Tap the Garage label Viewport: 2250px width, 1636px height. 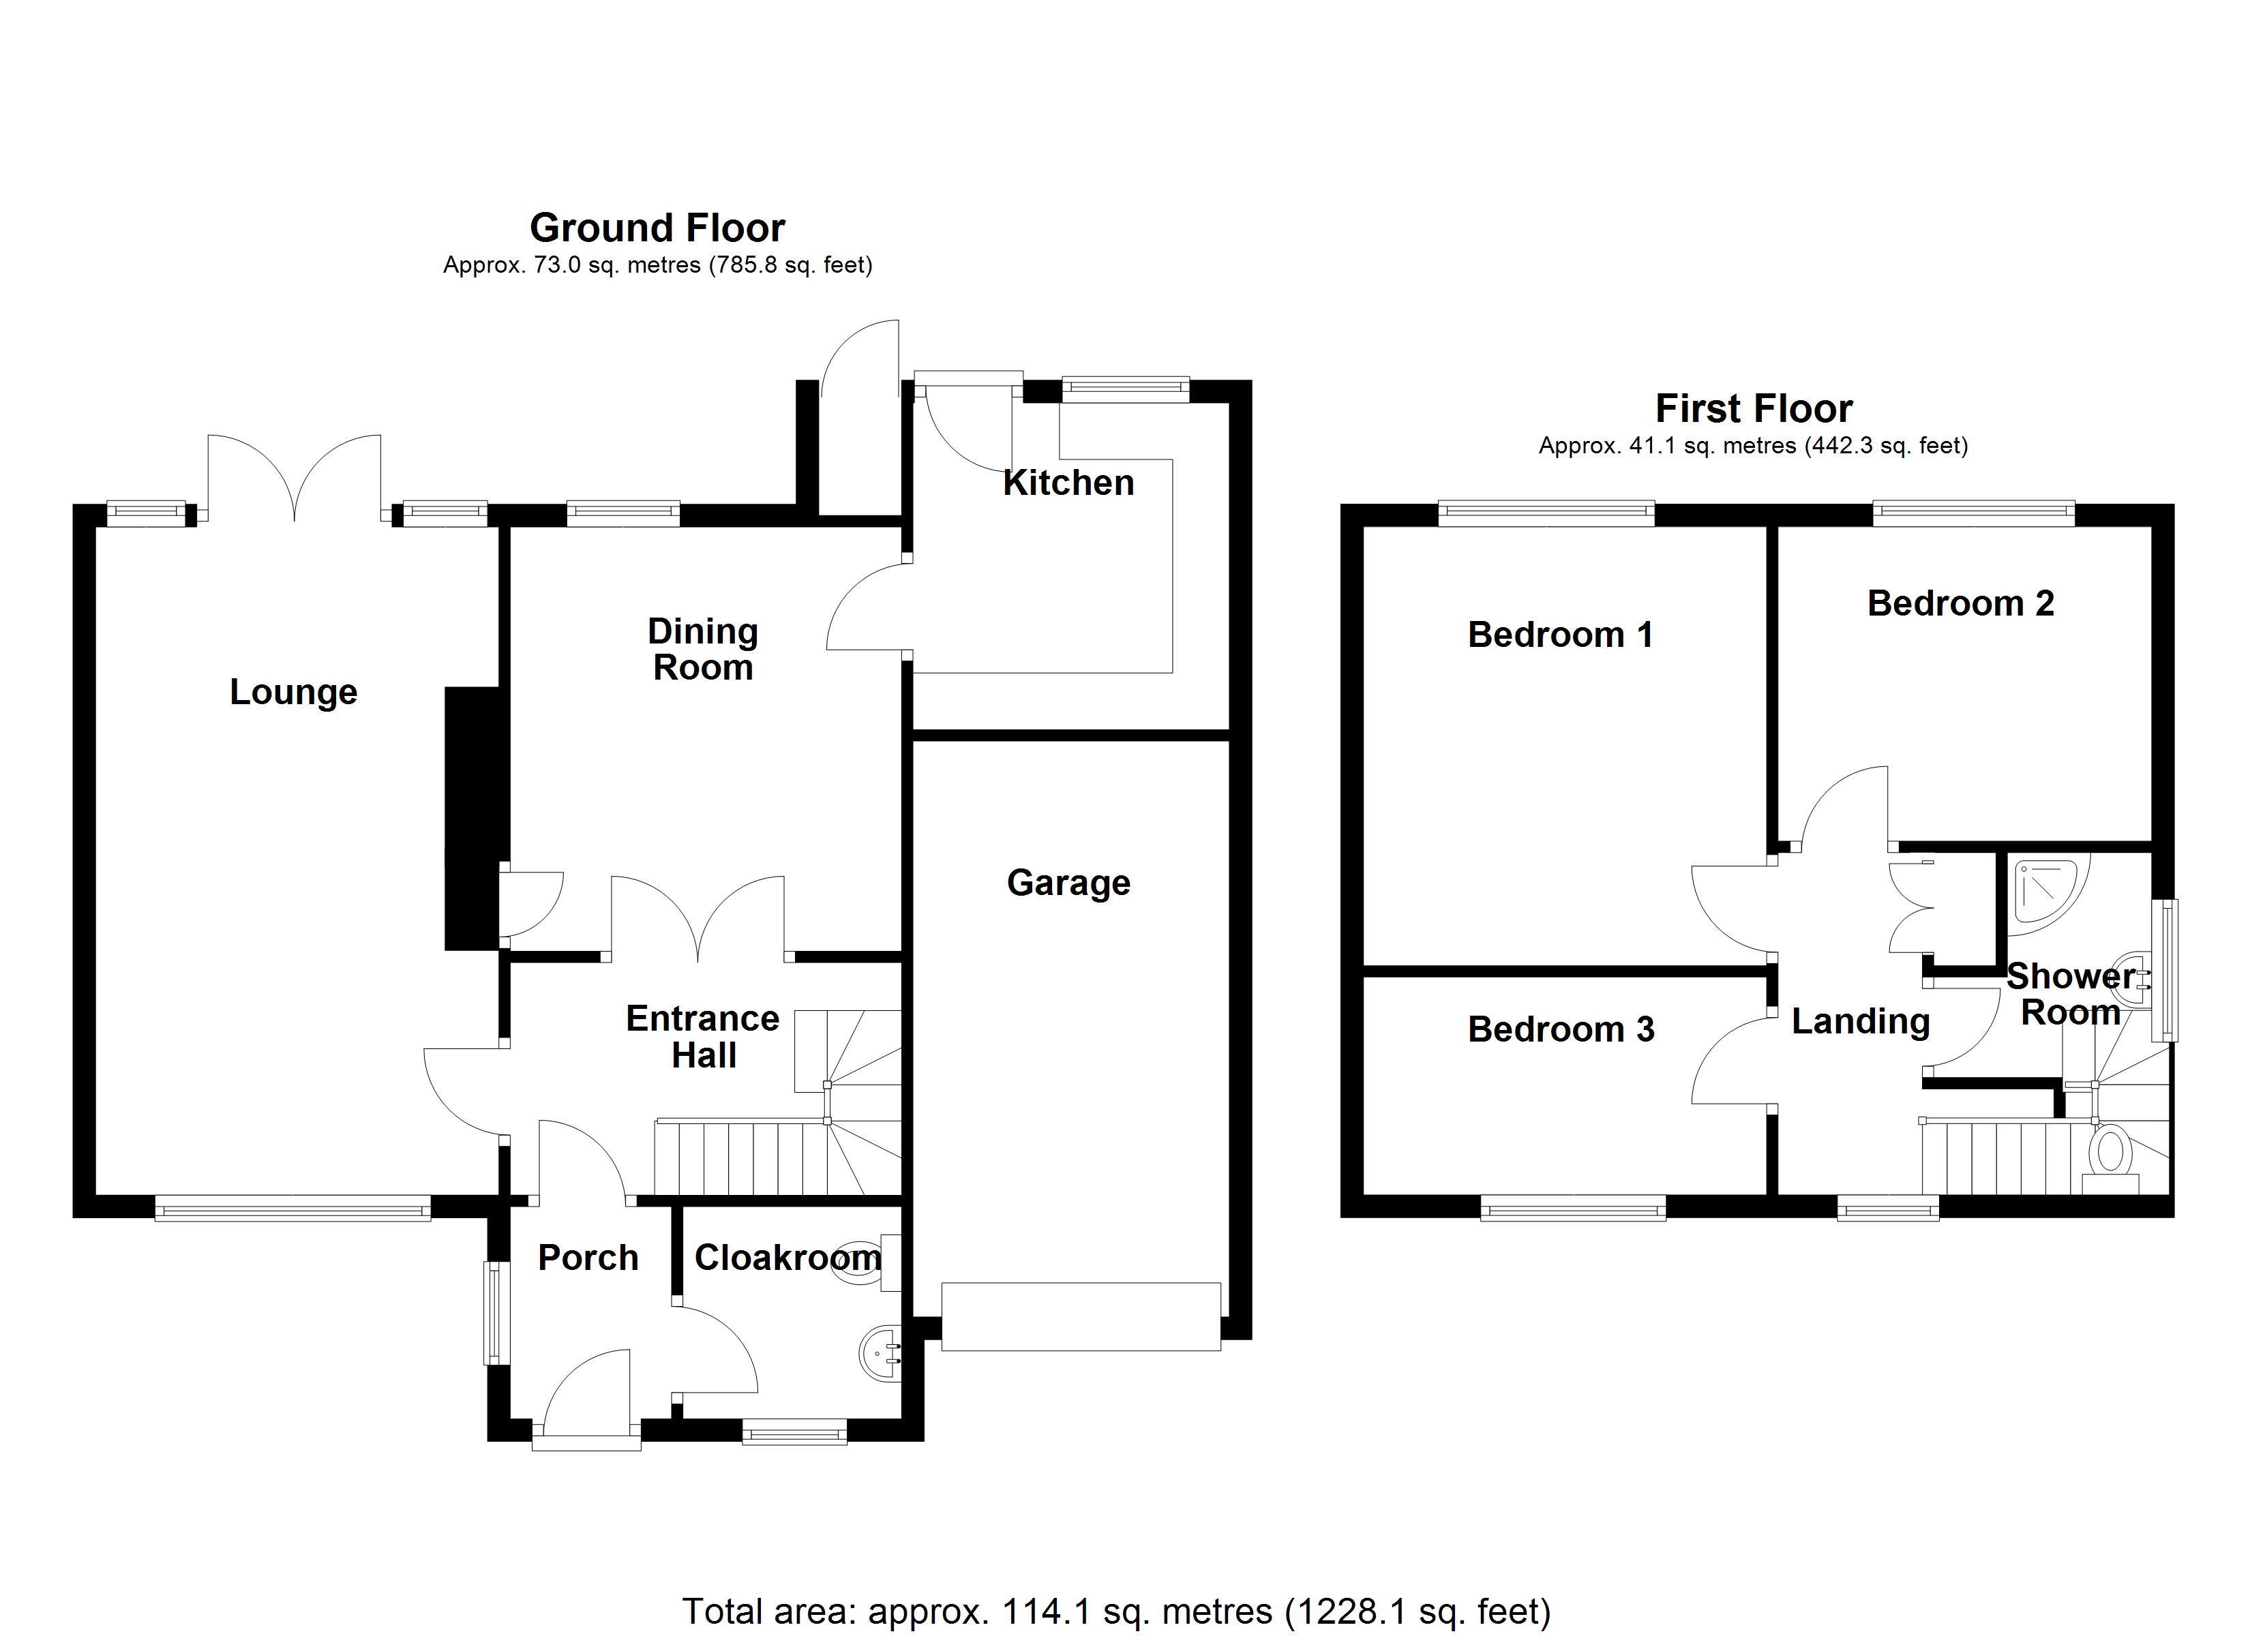click(1068, 882)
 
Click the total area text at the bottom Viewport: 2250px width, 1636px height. click(1116, 1611)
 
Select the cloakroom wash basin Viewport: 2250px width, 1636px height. click(879, 1352)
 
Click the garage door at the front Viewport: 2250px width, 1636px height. click(1081, 1316)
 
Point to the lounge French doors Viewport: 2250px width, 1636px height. click(295, 476)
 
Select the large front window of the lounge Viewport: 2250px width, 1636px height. click(292, 1207)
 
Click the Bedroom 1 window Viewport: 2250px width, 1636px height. click(1546, 513)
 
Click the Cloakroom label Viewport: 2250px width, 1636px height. click(787, 1257)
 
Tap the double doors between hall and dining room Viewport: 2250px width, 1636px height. click(698, 918)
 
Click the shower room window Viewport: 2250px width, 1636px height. click(2163, 970)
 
